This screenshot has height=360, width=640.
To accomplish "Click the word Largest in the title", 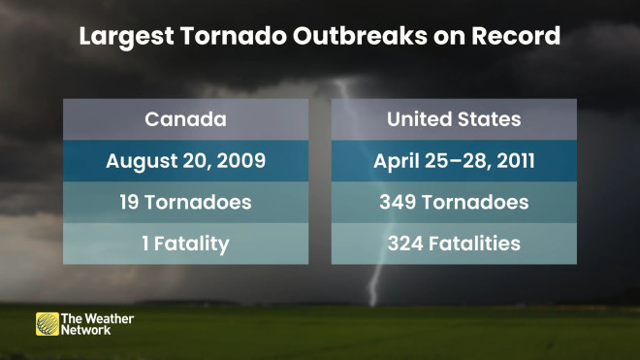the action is [127, 37].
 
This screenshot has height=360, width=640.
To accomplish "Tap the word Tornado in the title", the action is [234, 36].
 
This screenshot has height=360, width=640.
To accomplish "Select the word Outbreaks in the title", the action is [360, 36].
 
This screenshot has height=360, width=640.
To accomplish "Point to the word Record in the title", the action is [516, 36].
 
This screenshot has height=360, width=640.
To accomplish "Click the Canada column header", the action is [186, 119].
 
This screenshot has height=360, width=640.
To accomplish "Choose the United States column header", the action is [454, 119].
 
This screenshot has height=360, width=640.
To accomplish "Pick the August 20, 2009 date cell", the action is [186, 161].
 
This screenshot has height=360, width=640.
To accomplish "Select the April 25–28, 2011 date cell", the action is [454, 161].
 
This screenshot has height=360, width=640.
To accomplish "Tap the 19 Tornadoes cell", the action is [186, 202].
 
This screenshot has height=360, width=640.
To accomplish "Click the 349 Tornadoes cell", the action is [454, 202].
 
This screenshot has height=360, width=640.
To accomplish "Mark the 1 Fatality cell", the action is [186, 244].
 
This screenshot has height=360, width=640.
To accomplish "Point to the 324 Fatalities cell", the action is [454, 244].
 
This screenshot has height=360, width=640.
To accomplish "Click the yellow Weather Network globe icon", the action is [48, 324].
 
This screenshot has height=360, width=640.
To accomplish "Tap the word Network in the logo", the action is [85, 330].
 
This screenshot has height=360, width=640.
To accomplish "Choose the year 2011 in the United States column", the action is [516, 160].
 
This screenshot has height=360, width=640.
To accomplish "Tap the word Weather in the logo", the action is [110, 318].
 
